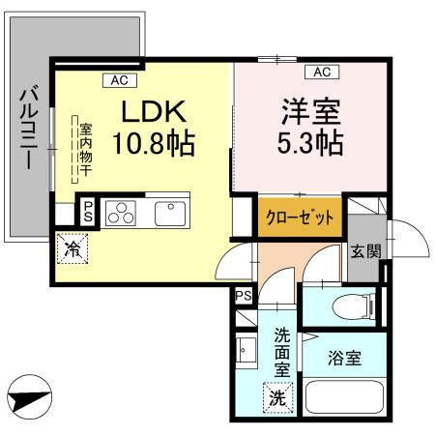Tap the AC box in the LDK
click(120, 80)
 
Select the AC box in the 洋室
click(322, 72)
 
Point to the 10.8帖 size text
click(155, 145)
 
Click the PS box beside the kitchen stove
click(88, 212)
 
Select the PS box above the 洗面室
click(244, 296)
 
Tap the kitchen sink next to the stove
click(169, 212)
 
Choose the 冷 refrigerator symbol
click(71, 248)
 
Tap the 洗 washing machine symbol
click(277, 396)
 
